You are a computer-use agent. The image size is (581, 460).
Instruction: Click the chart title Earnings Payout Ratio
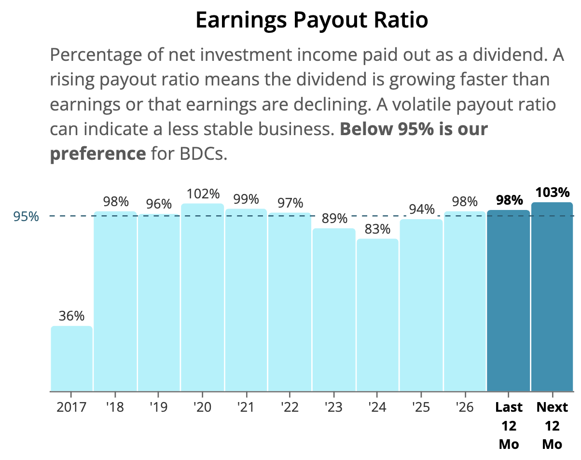tap(312, 21)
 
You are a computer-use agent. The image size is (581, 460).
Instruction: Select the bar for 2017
tap(71, 359)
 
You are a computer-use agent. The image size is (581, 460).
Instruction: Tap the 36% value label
tap(71, 316)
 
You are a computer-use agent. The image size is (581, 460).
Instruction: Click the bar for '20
tap(202, 297)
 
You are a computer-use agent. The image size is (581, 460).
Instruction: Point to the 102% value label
tap(203, 194)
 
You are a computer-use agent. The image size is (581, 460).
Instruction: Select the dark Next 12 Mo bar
tap(552, 296)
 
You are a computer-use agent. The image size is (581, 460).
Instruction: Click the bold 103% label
tap(553, 192)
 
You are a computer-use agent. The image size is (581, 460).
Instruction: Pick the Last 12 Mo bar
tap(508, 300)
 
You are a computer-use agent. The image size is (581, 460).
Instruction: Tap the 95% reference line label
tap(26, 217)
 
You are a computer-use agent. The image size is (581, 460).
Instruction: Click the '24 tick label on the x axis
tap(377, 407)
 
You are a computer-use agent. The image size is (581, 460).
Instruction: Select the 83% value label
tap(377, 229)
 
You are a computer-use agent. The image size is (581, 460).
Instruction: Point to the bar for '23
tap(334, 309)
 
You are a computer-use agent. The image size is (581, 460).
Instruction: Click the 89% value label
tap(334, 218)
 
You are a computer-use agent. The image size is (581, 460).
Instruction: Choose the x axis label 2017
tap(71, 407)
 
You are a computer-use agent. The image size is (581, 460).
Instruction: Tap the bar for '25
tap(421, 305)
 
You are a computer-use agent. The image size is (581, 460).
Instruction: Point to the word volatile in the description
tap(421, 104)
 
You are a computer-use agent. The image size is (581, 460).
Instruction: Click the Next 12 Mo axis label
tap(552, 426)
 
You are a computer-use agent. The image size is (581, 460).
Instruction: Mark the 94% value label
tap(422, 209)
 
